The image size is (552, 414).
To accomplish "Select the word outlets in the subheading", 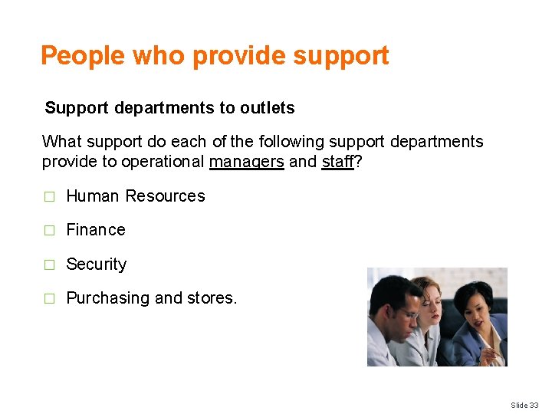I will click(x=267, y=108).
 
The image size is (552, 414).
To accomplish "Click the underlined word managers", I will click(x=246, y=162).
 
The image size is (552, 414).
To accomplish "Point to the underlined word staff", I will click(x=337, y=162).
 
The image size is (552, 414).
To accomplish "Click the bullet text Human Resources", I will click(x=136, y=196).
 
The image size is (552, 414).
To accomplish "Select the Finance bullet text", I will click(x=96, y=230).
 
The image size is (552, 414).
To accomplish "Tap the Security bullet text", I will click(x=97, y=264).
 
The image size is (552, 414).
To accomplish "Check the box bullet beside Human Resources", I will click(x=49, y=197).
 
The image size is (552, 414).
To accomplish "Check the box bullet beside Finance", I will click(x=49, y=231).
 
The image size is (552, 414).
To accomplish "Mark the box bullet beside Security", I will click(x=49, y=265).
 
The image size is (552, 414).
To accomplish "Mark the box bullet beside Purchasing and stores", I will click(x=49, y=299).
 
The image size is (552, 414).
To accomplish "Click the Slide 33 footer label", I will click(x=525, y=405).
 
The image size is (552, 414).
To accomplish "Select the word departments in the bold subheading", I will click(x=165, y=108).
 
